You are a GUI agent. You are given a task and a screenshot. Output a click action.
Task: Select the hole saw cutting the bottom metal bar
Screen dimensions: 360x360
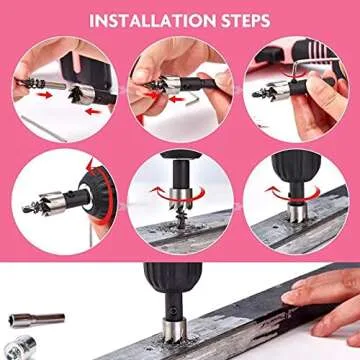[x=184, y=331]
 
